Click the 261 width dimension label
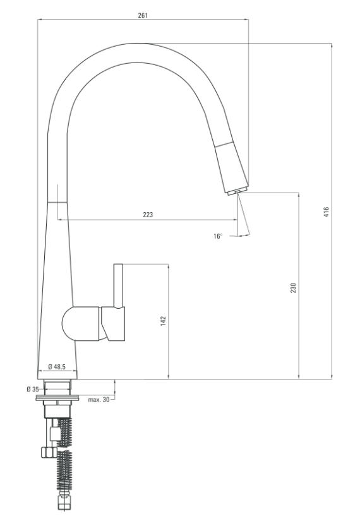(x=143, y=15)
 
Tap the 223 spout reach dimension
(x=148, y=215)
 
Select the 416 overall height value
(x=326, y=212)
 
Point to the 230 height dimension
(x=294, y=288)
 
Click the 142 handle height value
(x=163, y=321)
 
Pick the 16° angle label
(x=218, y=236)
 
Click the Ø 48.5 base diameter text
(x=57, y=367)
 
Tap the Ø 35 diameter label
(x=33, y=389)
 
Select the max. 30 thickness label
(x=99, y=400)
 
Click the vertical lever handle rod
(x=119, y=285)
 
